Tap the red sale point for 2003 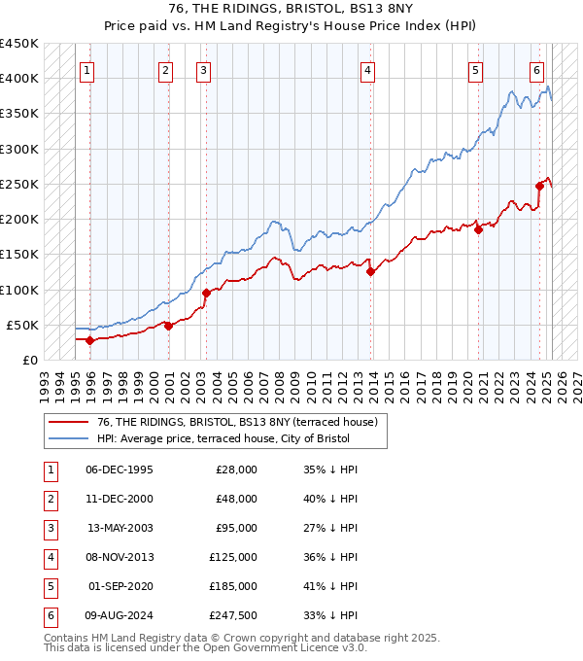pyautogui.click(x=206, y=293)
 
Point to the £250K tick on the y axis pyautogui.click(x=19, y=184)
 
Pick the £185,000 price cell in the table pyautogui.click(x=233, y=587)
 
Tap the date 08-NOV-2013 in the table pyautogui.click(x=120, y=557)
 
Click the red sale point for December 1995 pyautogui.click(x=89, y=340)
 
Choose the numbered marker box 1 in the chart pyautogui.click(x=87, y=69)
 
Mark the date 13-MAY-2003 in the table pyautogui.click(x=120, y=528)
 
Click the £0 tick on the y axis pyautogui.click(x=29, y=360)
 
